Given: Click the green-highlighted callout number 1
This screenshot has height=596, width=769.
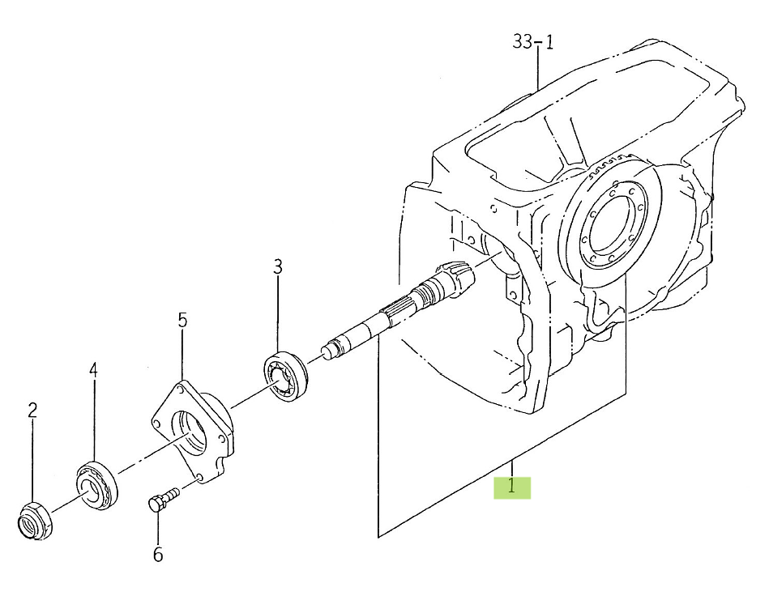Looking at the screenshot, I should (x=512, y=487).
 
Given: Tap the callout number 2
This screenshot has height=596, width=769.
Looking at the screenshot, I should (x=32, y=410).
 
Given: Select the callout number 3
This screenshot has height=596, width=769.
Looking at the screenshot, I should (x=277, y=266).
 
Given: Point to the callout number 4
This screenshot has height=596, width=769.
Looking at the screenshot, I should (x=93, y=370).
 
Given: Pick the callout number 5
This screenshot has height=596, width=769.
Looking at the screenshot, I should (x=182, y=320).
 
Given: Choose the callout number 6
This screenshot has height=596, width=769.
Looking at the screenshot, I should (x=158, y=555).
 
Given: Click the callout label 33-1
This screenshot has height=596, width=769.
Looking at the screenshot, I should (x=533, y=42).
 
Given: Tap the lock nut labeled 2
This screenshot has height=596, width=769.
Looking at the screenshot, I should (x=35, y=520).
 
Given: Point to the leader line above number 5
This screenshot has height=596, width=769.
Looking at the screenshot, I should (x=183, y=356).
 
